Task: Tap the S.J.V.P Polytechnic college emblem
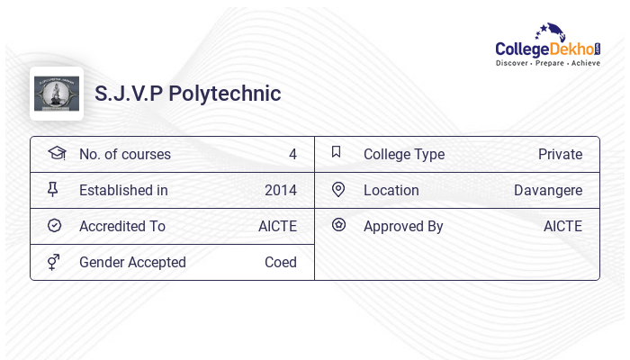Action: tap(57, 94)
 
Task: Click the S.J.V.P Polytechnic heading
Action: tap(188, 94)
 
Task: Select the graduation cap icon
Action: tap(56, 153)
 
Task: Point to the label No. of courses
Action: tap(125, 154)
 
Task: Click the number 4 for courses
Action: tap(292, 154)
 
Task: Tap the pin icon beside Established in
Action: tap(53, 190)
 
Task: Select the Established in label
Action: tap(123, 190)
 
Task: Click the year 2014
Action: tap(281, 190)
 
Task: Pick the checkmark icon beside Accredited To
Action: tap(54, 226)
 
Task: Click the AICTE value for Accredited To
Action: tap(277, 226)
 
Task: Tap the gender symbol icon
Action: tap(53, 262)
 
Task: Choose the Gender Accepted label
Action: tap(132, 262)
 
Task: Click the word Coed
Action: tap(281, 262)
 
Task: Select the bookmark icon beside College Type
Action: tap(336, 153)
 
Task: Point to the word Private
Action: tap(560, 154)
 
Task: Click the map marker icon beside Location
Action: tap(338, 190)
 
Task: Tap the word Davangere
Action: tap(548, 190)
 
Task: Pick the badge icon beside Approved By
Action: tap(338, 226)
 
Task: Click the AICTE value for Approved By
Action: tap(562, 226)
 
